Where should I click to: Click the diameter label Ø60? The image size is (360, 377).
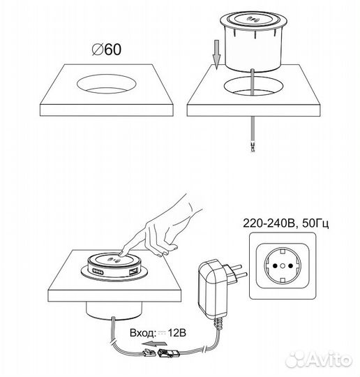107,50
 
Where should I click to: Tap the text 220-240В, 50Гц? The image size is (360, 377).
286,223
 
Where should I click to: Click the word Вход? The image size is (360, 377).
142,333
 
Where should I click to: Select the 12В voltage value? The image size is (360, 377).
177,333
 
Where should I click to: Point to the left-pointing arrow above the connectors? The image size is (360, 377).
153,343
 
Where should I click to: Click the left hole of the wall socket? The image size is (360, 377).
275,266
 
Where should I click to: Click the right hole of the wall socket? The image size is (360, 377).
290,266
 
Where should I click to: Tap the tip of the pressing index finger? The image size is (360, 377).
121,253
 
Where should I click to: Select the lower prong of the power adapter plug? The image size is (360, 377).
239,276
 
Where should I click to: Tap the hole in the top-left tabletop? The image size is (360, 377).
107,84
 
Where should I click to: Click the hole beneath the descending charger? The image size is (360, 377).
253,87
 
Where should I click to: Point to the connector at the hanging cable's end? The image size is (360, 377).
253,147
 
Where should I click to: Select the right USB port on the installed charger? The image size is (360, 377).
133,272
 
